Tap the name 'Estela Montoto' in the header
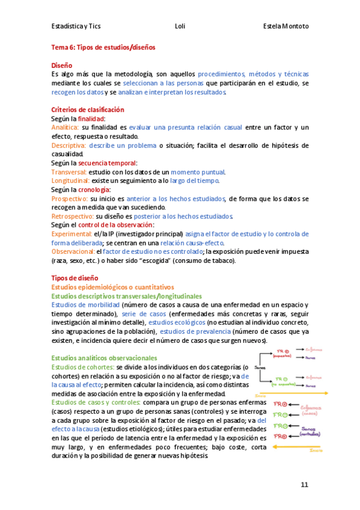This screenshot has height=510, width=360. [x=285, y=26]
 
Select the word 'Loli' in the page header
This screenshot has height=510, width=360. [x=180, y=26]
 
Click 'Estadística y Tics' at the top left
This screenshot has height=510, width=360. [x=77, y=26]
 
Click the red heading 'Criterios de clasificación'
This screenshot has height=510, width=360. [x=88, y=110]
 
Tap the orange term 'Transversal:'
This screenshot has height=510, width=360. [x=69, y=172]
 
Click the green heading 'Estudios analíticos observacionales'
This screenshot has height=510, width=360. [x=104, y=358]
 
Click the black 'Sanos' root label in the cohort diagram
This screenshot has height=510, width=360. [x=260, y=367]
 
